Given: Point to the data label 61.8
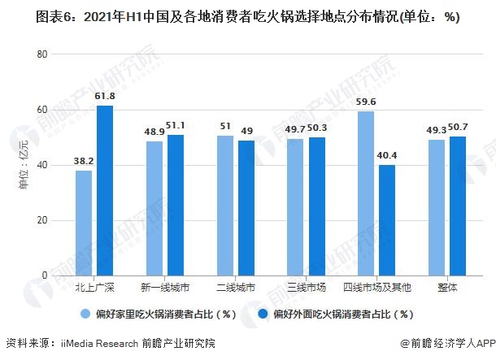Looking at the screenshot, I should pyautogui.click(x=105, y=97).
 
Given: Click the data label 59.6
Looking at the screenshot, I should pyautogui.click(x=366, y=102).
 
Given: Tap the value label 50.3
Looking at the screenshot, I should pyautogui.click(x=318, y=128).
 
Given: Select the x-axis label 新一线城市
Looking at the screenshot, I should pyautogui.click(x=165, y=288).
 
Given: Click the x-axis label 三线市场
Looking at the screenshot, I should pyautogui.click(x=307, y=288).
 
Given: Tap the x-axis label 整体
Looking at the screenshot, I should pyautogui.click(x=448, y=288).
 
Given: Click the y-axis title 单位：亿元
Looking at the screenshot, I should pyautogui.click(x=23, y=166).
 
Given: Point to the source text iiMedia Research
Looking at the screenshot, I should pyautogui.click(x=98, y=344).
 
